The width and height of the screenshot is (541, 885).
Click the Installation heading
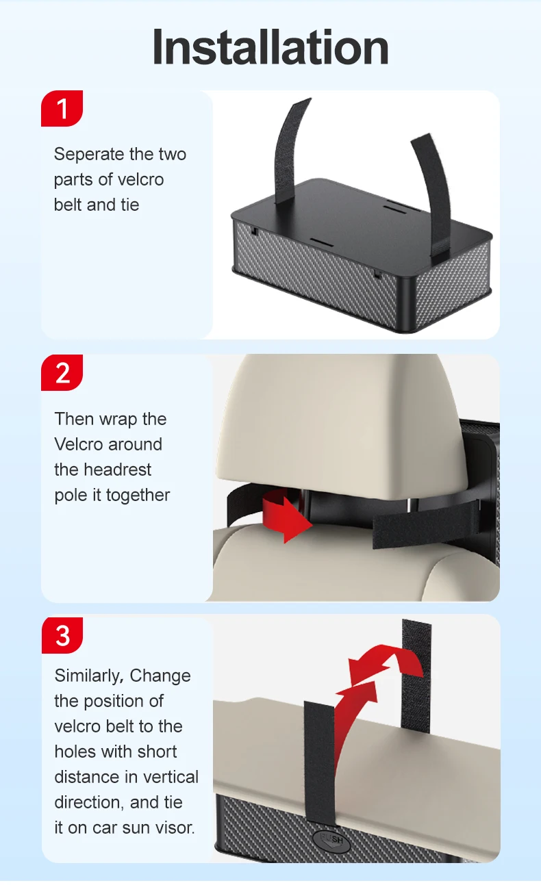270,47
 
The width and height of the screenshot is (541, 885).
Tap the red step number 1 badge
62,108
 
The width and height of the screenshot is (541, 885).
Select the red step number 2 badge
62,372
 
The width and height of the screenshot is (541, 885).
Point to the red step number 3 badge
62,635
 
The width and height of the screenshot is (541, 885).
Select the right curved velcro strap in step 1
434,198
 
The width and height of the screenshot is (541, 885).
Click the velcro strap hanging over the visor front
320,762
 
